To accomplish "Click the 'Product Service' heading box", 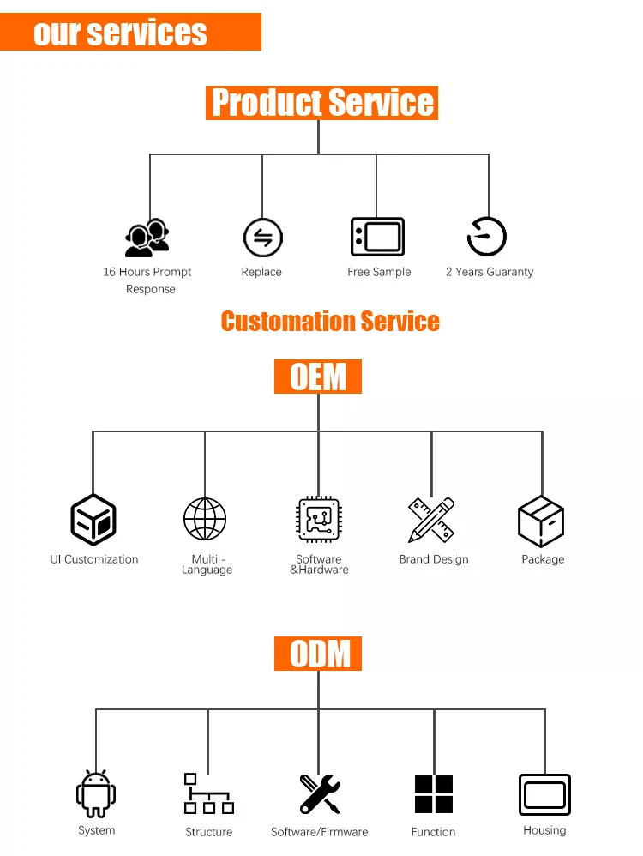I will (321, 103).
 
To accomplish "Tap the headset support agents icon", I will (147, 238).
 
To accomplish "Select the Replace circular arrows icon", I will (262, 238).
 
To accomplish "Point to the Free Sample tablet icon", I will (377, 237).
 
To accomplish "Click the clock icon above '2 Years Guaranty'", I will (487, 236).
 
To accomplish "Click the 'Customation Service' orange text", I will (330, 322).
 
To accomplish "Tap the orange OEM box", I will (318, 377).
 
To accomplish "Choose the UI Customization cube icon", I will (93, 520).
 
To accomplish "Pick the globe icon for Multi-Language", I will (205, 519).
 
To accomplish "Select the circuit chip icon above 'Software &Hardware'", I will (319, 520).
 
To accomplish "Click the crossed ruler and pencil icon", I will (431, 520).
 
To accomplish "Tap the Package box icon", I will (541, 521).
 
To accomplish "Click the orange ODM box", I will (318, 654).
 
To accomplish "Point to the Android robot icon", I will (96, 793).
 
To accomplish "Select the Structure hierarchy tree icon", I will (208, 793).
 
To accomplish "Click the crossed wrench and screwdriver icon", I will (320, 793).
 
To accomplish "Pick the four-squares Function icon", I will (433, 794).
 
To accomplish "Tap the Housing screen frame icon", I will (544, 794).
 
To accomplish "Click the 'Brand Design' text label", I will (434, 559).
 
